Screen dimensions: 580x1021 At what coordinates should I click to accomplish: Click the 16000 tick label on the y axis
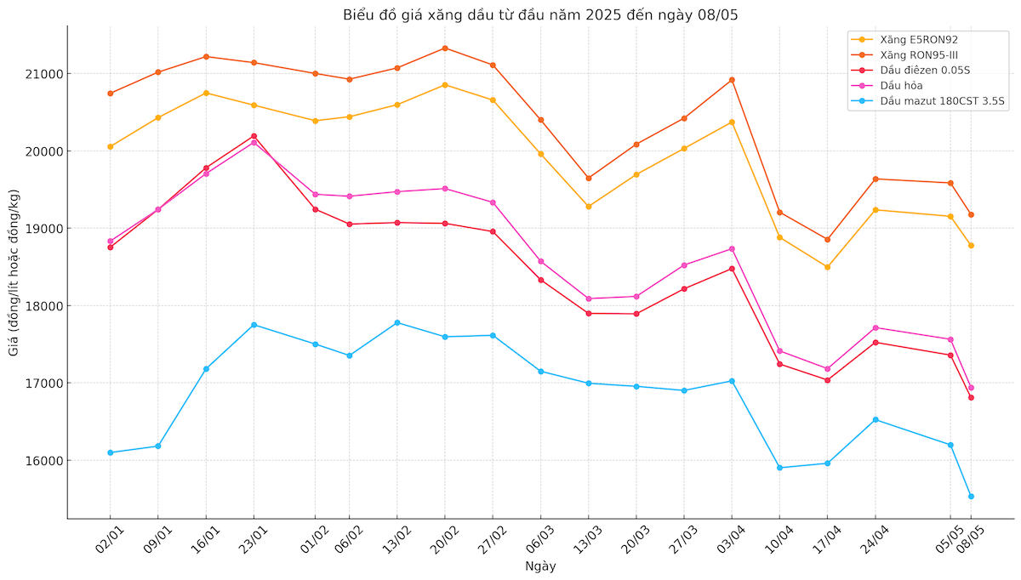pyautogui.click(x=43, y=461)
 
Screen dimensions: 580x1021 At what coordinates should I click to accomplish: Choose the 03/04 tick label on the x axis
pyautogui.click(x=728, y=540)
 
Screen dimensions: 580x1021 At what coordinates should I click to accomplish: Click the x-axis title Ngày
pyautogui.click(x=540, y=566)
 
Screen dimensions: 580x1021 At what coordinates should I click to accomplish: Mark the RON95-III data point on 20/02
pyautogui.click(x=445, y=48)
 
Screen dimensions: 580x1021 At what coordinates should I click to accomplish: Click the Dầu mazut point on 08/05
pyautogui.click(x=971, y=496)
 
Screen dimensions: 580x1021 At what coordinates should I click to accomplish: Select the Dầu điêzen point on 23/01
pyautogui.click(x=254, y=136)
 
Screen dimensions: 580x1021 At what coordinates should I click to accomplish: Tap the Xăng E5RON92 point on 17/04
pyautogui.click(x=827, y=267)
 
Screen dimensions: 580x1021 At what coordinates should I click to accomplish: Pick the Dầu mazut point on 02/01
pyautogui.click(x=110, y=452)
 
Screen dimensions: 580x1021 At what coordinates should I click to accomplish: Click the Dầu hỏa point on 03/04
pyautogui.click(x=732, y=249)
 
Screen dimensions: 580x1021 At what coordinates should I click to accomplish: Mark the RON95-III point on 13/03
pyautogui.click(x=588, y=179)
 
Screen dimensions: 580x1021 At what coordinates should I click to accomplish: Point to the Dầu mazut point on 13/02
pyautogui.click(x=397, y=322)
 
